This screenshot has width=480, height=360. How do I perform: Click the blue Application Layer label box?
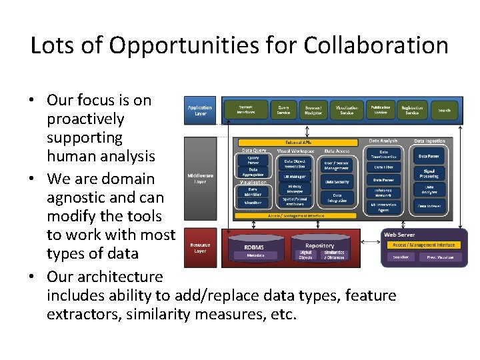(x=200, y=110)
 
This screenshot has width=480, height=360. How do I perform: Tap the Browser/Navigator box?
(x=313, y=110)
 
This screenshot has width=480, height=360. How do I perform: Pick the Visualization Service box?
(x=347, y=110)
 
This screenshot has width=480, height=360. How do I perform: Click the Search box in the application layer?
(x=445, y=110)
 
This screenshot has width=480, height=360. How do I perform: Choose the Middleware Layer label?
(x=200, y=179)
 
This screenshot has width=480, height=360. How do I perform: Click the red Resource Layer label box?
(x=200, y=247)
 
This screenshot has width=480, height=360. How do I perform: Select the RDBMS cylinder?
(x=254, y=248)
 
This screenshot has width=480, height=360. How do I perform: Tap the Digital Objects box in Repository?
(x=305, y=255)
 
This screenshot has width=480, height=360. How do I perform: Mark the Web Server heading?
(x=399, y=235)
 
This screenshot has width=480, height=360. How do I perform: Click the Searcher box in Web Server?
(x=401, y=257)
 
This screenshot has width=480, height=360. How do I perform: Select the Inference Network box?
(x=383, y=193)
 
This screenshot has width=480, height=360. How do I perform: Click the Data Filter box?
(x=383, y=167)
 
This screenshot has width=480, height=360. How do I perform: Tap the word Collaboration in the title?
(x=376, y=45)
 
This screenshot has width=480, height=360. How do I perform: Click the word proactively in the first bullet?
(x=85, y=119)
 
